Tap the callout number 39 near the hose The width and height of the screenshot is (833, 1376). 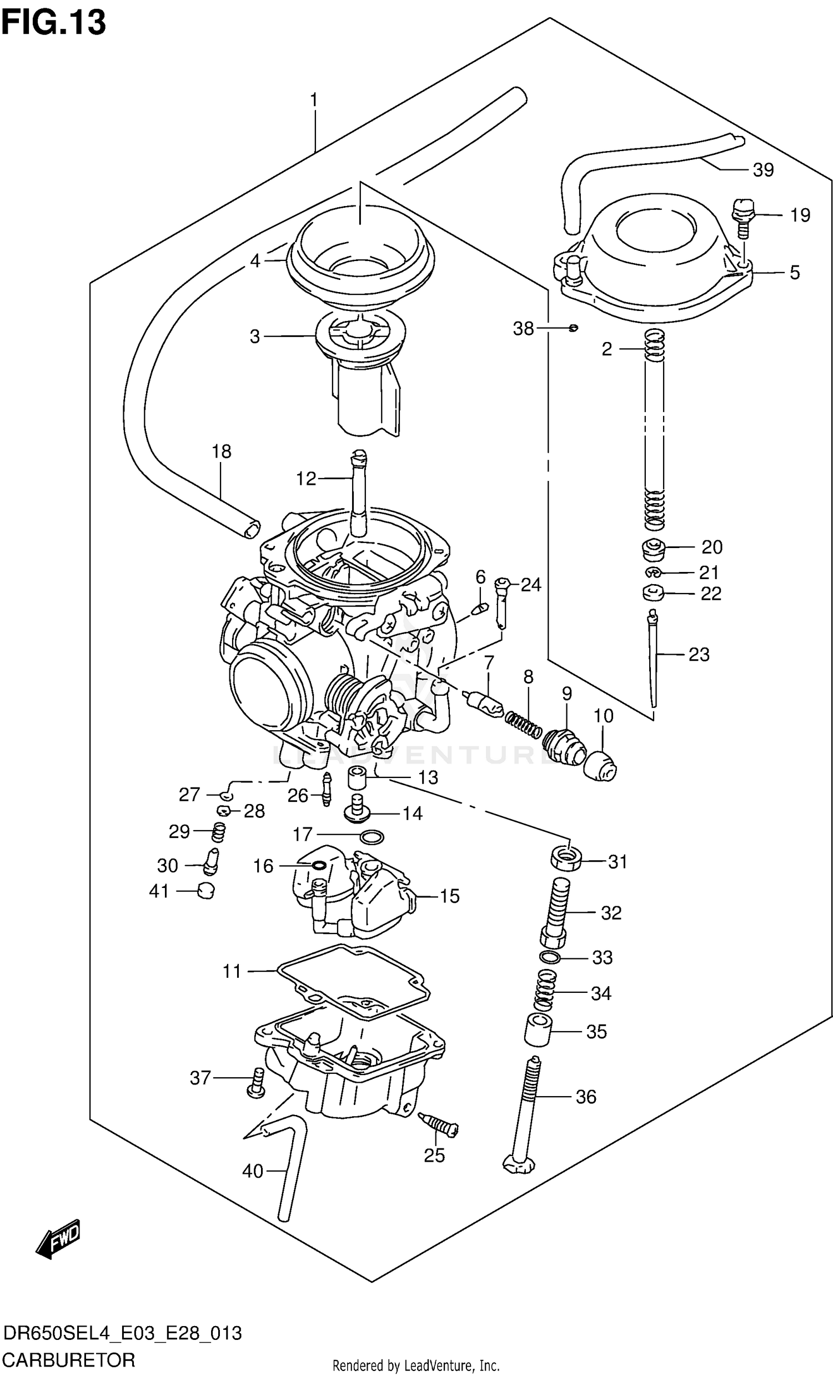pos(763,170)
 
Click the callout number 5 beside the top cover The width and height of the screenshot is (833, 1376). pos(795,273)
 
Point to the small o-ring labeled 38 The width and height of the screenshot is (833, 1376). pos(573,328)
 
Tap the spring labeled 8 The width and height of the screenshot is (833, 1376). pos(524,723)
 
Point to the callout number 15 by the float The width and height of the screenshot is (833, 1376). pos(449,896)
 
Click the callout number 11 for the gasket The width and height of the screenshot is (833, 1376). pos(232,972)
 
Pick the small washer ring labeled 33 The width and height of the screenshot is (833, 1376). pos(551,957)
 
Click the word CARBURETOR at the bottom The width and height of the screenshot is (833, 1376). pos(69,1359)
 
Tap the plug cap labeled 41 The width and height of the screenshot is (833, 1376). pos(206,891)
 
